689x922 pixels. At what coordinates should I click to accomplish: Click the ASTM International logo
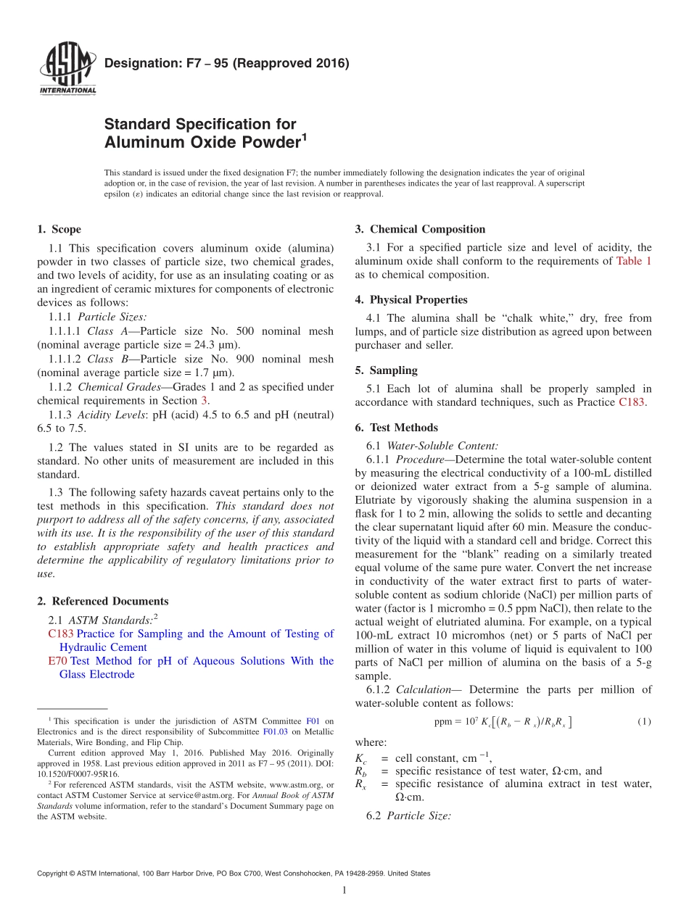tap(67, 70)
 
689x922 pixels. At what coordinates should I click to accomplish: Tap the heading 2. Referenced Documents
tap(102, 601)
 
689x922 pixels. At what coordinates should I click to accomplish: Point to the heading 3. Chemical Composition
tap(420, 230)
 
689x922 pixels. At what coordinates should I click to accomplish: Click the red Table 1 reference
tap(634, 261)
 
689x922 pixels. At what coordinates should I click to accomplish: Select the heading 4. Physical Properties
tap(411, 300)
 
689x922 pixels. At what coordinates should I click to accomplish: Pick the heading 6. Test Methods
tap(396, 428)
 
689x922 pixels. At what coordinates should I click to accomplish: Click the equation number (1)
tap(644, 721)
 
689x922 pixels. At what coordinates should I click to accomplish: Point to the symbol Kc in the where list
tap(360, 758)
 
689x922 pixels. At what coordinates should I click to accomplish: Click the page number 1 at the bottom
tap(344, 890)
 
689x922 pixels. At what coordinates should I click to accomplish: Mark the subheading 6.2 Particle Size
tap(409, 815)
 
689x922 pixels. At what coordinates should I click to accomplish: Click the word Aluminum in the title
tap(142, 142)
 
